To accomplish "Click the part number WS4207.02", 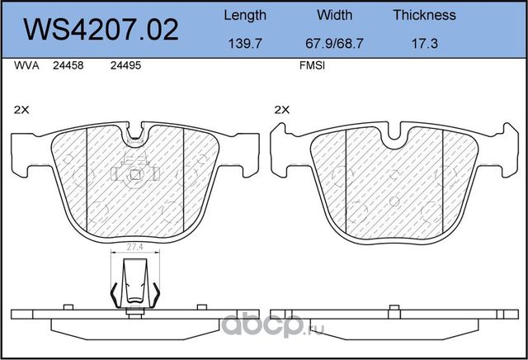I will [101, 30].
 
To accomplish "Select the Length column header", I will [245, 15].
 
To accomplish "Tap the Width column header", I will [334, 15].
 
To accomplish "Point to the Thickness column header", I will [424, 15].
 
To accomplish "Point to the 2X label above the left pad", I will [22, 109].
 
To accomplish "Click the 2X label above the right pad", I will [282, 109].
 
